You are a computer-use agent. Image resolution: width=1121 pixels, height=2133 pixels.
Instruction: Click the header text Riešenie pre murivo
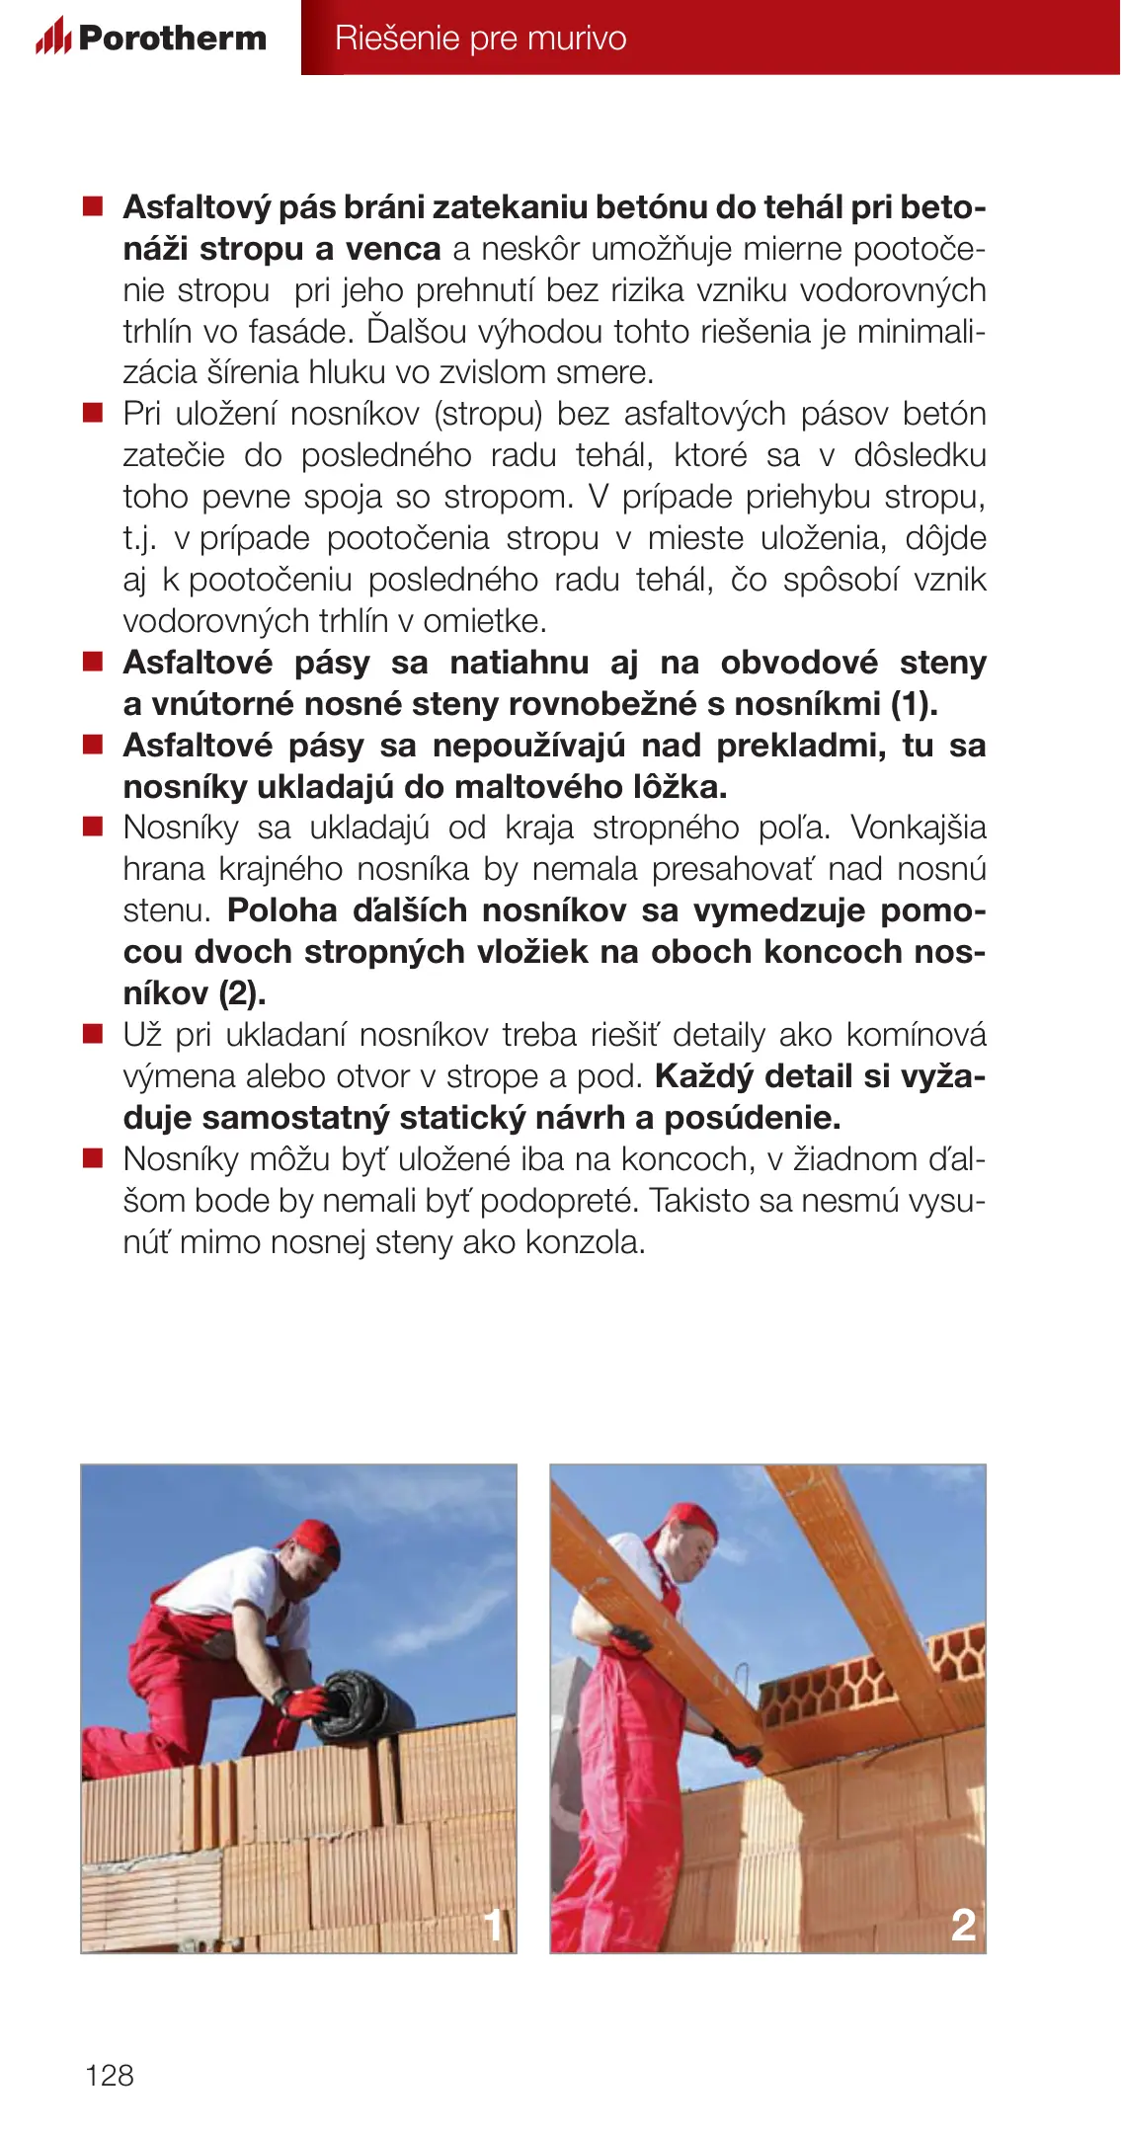tap(480, 39)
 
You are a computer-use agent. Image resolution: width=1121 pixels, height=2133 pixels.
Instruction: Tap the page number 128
tap(110, 2075)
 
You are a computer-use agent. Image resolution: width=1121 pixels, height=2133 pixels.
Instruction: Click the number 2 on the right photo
tap(963, 1925)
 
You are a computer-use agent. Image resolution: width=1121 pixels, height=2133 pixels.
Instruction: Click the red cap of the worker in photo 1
tap(315, 1541)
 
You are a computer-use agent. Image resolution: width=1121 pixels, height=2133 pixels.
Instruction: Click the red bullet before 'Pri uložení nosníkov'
tap(93, 413)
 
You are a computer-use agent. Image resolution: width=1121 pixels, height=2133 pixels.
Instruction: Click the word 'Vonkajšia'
tap(918, 828)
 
